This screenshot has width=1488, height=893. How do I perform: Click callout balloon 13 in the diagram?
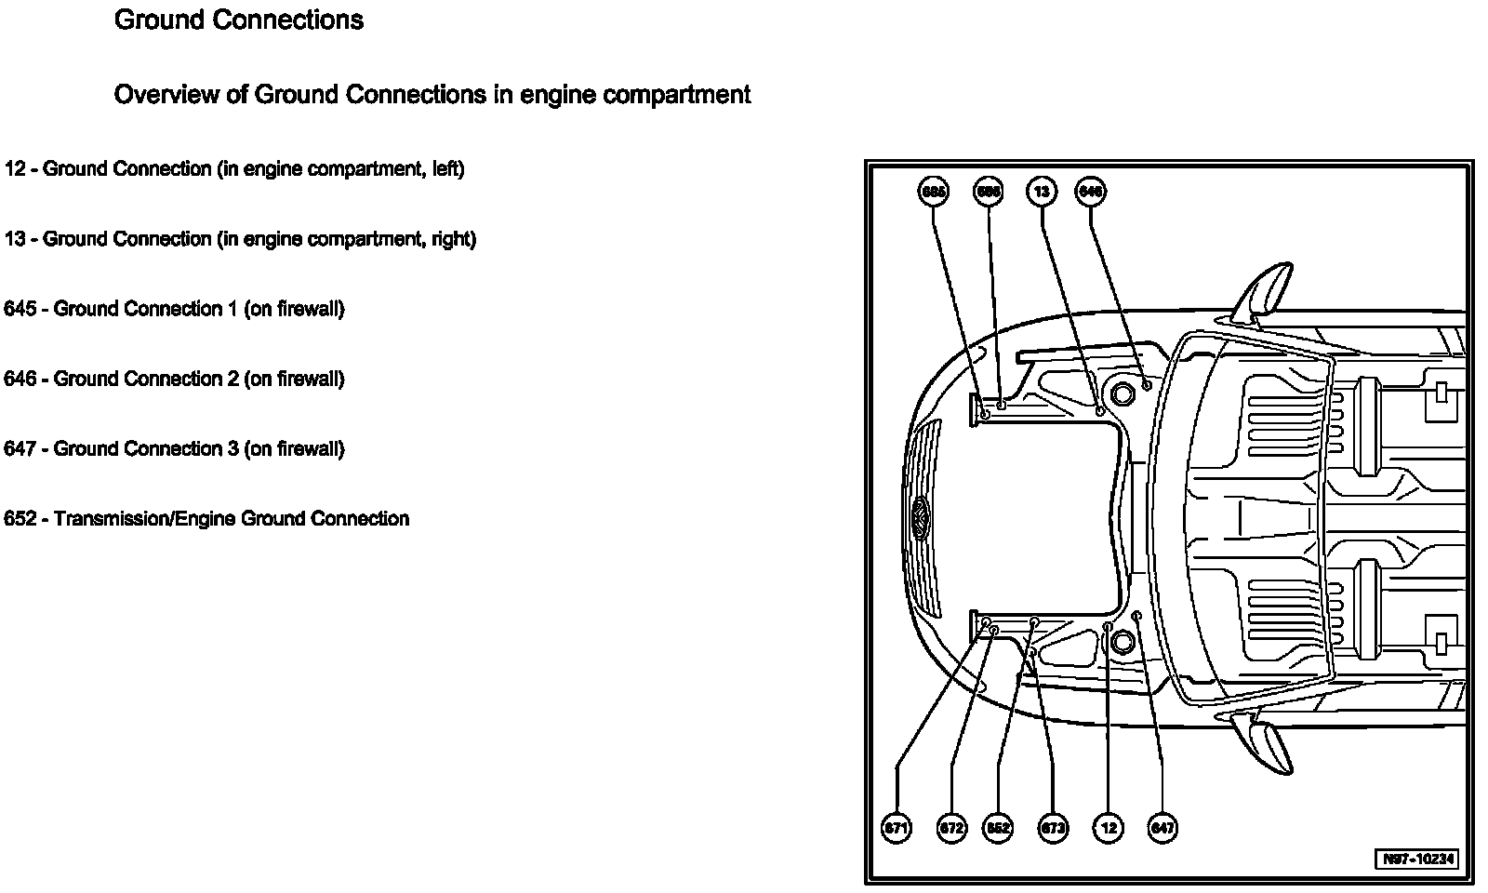[x=1042, y=192]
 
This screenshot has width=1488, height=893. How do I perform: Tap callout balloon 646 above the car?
[x=1090, y=192]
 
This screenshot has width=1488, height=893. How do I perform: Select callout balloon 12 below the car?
[x=1108, y=828]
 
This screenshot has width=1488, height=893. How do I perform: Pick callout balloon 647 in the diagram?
[x=1162, y=828]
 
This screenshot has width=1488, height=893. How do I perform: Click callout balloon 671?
[x=897, y=828]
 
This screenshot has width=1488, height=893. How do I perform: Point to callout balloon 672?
[x=951, y=828]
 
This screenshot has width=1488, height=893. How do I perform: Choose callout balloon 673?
[x=1053, y=828]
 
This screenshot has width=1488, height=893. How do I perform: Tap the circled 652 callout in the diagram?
[x=998, y=828]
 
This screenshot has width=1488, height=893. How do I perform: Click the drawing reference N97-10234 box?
[x=1418, y=859]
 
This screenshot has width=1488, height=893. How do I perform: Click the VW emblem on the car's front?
[x=920, y=517]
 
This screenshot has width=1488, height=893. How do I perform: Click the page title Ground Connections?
[x=238, y=20]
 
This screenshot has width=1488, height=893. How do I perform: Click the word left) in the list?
[x=447, y=168]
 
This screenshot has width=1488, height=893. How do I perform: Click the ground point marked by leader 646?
[x=1147, y=384]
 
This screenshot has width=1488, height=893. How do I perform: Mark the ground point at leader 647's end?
[x=1137, y=616]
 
